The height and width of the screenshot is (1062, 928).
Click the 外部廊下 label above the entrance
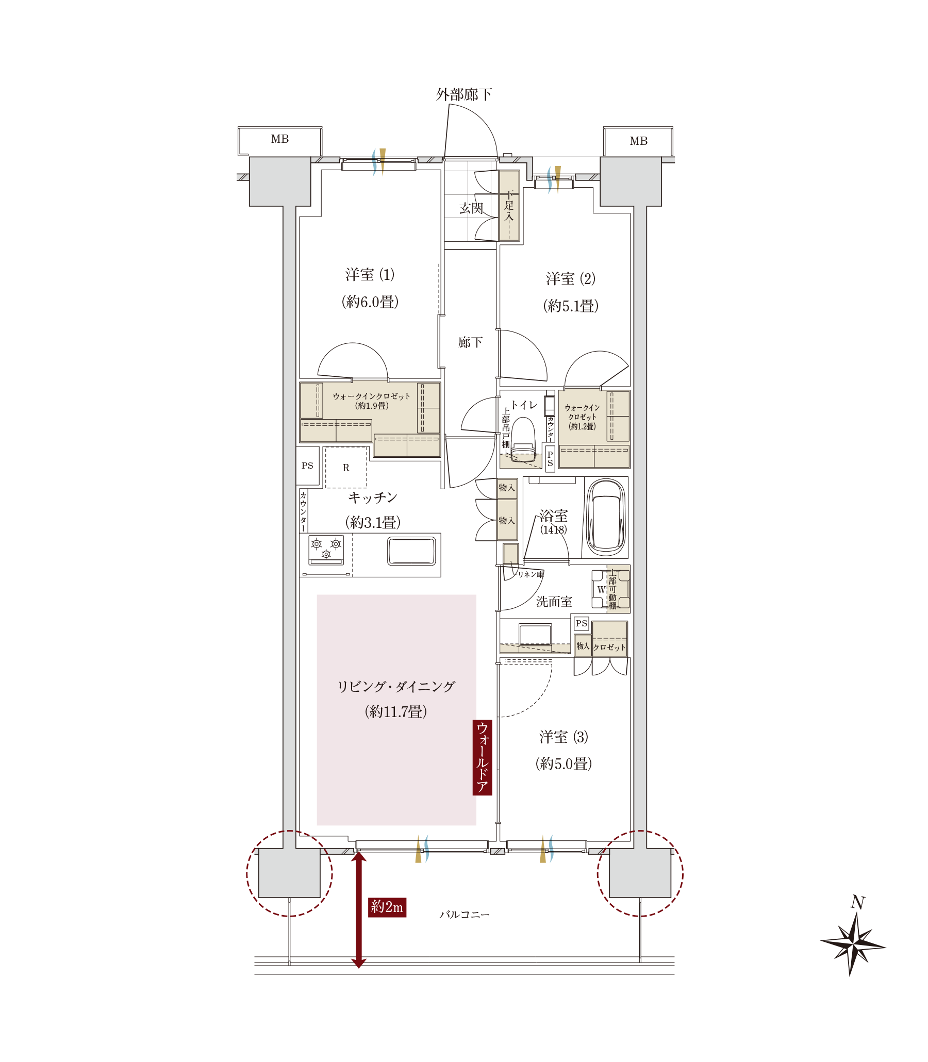coord(463,94)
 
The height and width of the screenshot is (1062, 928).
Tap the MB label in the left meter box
coord(279,139)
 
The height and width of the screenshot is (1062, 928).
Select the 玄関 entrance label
coord(471,208)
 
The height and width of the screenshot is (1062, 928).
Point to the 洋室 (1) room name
coord(370,274)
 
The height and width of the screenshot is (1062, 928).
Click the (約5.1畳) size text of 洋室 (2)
coord(571,306)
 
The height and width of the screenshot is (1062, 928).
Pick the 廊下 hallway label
coord(470,342)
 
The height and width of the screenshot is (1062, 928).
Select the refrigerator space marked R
coord(346,467)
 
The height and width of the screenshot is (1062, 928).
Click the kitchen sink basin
coord(411,551)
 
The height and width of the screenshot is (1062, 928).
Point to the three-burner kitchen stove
coord(326,550)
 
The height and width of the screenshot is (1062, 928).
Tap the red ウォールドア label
coord(482,757)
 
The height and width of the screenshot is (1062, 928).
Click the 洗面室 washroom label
coord(554,602)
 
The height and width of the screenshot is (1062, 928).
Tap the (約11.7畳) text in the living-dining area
coord(395,711)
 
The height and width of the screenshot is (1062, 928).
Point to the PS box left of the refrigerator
coord(308,466)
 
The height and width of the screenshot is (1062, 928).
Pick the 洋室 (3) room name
coord(564,737)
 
